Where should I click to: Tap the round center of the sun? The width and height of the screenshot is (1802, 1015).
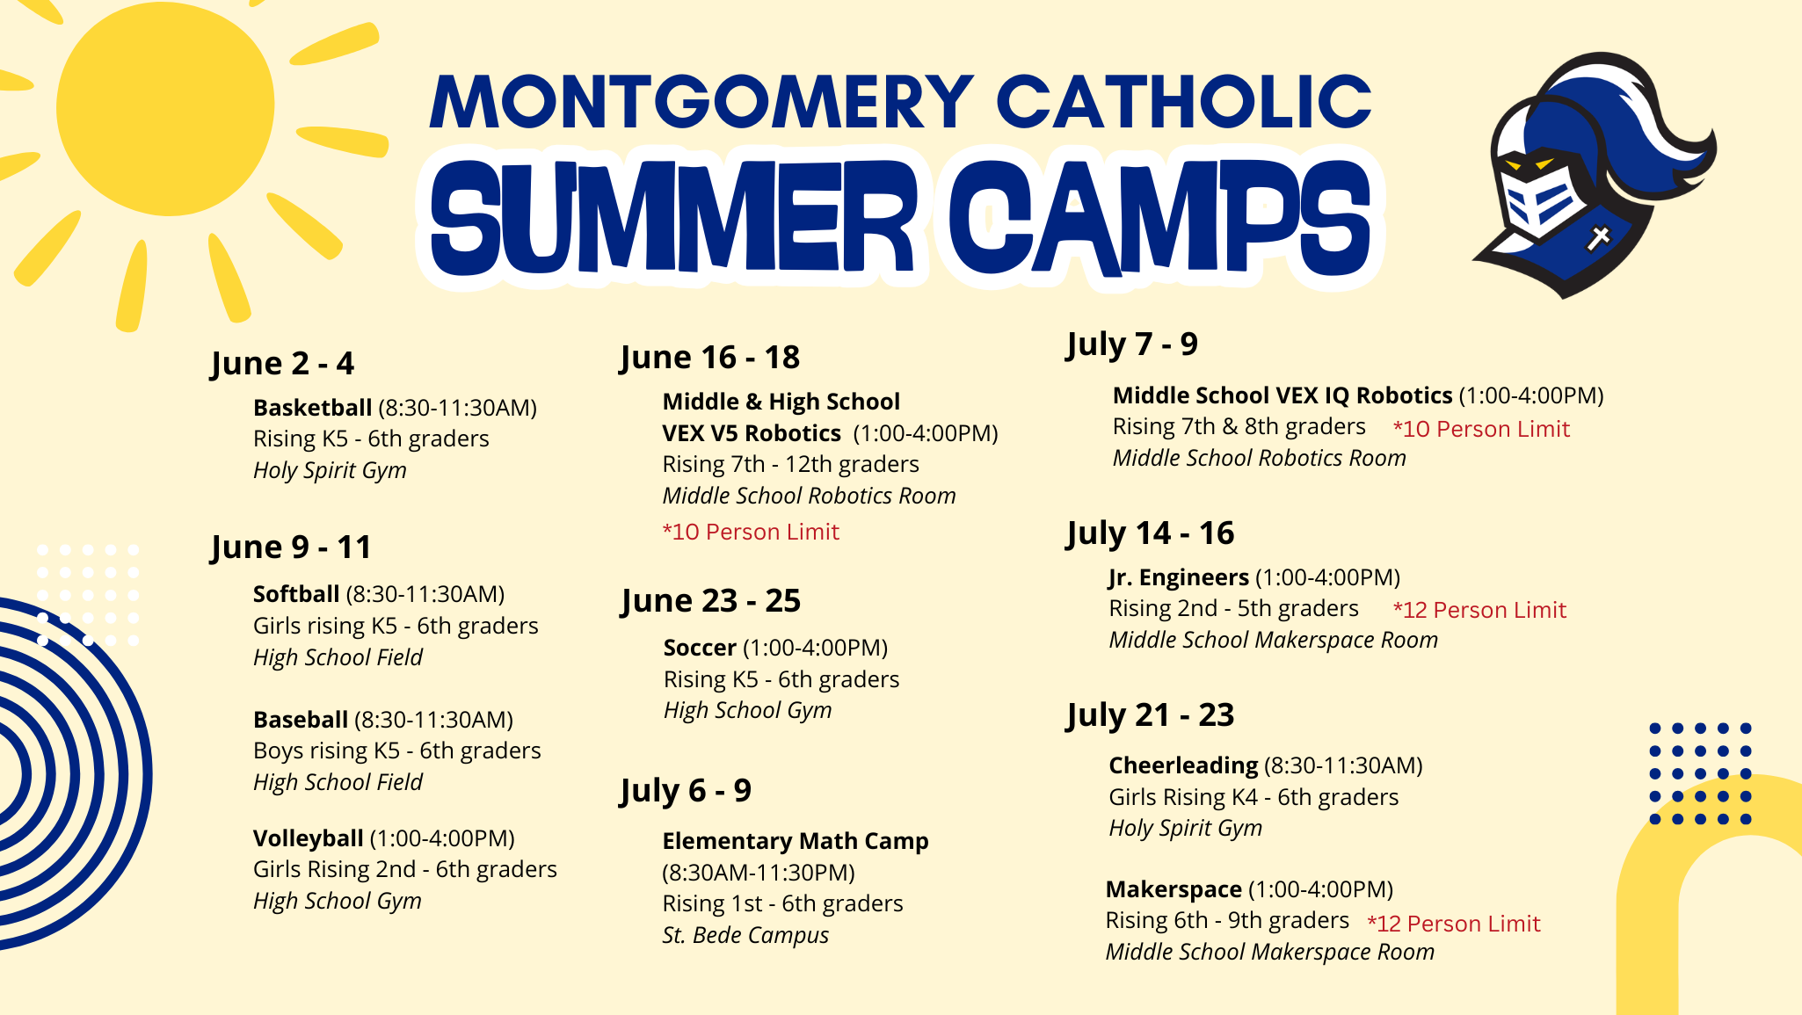(165, 107)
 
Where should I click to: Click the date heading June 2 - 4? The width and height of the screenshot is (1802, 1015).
(282, 363)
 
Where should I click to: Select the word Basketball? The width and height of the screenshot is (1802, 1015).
(312, 408)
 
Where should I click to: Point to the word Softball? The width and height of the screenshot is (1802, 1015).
(296, 594)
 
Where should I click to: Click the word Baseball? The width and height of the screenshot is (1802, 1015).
(301, 720)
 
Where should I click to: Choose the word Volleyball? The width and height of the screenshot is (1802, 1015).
(308, 838)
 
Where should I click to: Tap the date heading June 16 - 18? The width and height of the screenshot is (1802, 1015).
(709, 358)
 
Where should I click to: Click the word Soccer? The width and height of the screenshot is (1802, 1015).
(700, 648)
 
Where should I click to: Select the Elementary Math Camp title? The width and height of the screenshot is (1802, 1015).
(795, 841)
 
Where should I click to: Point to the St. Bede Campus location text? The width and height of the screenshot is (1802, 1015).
(745, 935)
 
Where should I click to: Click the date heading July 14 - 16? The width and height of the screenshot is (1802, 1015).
(1150, 533)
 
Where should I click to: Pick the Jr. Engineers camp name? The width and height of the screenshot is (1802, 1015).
(1178, 577)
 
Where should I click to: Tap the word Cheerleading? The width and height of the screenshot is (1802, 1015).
(1183, 765)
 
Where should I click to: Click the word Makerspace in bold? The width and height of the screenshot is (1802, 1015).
(1173, 889)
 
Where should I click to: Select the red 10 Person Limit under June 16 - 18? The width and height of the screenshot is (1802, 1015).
(751, 532)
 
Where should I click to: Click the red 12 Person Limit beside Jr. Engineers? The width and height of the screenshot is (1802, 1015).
(1479, 610)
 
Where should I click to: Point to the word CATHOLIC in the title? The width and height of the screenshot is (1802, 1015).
(1183, 102)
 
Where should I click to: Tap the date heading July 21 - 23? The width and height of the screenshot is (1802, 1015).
(1150, 715)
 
